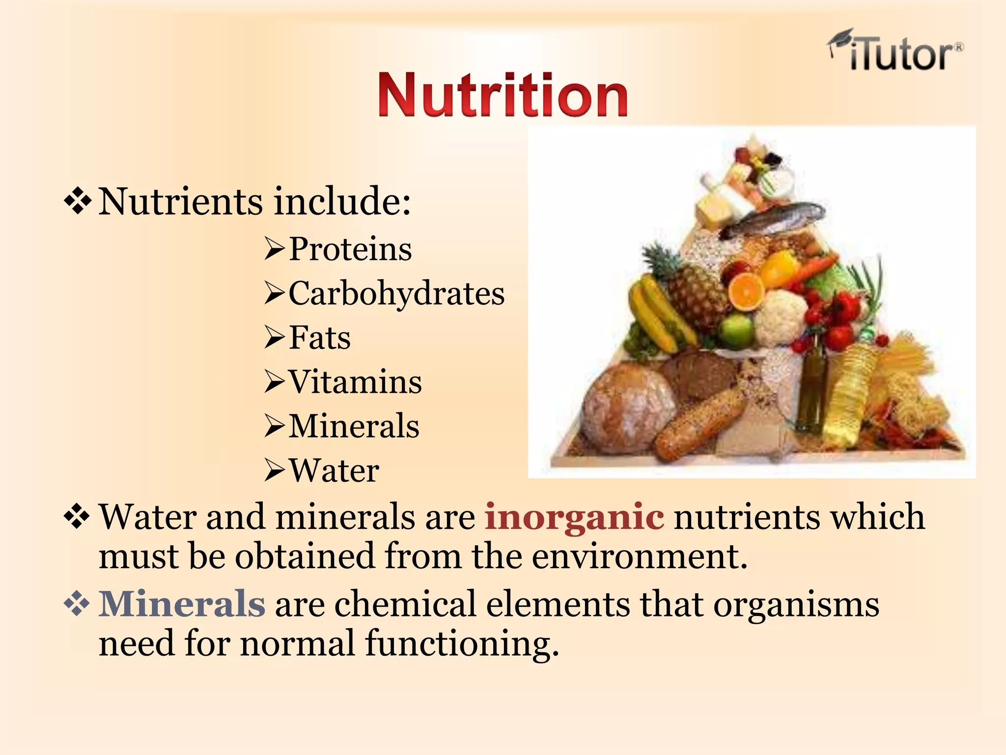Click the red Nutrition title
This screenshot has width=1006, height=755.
point(503,95)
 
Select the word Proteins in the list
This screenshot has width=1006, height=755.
point(350,249)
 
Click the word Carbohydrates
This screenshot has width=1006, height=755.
point(396,293)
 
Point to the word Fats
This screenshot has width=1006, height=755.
point(319,338)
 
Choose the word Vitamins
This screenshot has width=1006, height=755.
point(355,382)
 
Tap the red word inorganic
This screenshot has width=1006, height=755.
point(574,517)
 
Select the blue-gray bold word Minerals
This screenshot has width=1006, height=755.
point(182,604)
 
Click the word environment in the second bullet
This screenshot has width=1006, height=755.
point(639,556)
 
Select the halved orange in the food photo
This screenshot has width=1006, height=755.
point(746,291)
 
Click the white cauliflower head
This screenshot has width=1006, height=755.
point(781,317)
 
